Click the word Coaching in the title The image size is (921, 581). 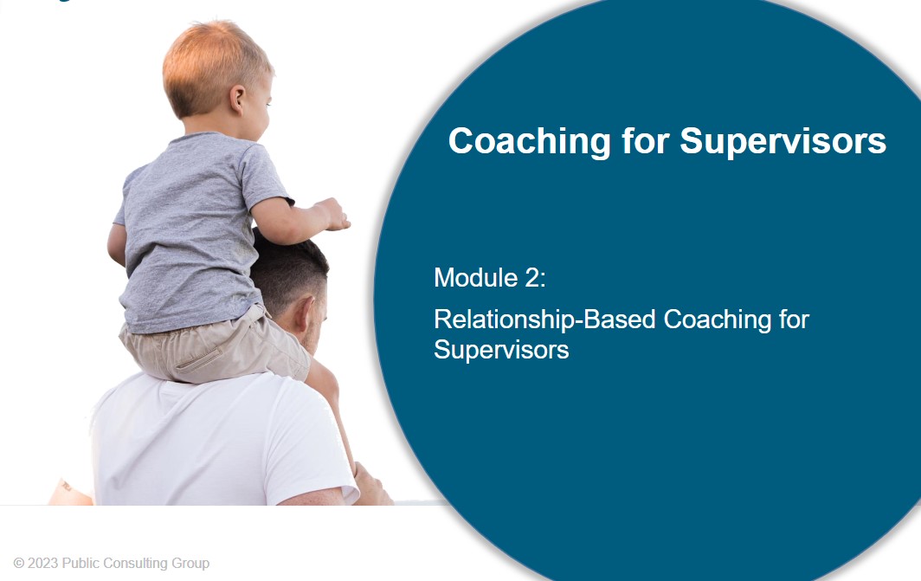530,142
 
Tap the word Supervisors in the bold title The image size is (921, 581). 783,142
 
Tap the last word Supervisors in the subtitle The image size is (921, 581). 501,350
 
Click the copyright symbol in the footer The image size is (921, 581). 19,564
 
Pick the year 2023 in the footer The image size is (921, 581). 43,564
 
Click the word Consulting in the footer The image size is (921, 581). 140,564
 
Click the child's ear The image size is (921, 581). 237,100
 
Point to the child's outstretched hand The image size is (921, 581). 332,215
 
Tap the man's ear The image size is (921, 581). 305,317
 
